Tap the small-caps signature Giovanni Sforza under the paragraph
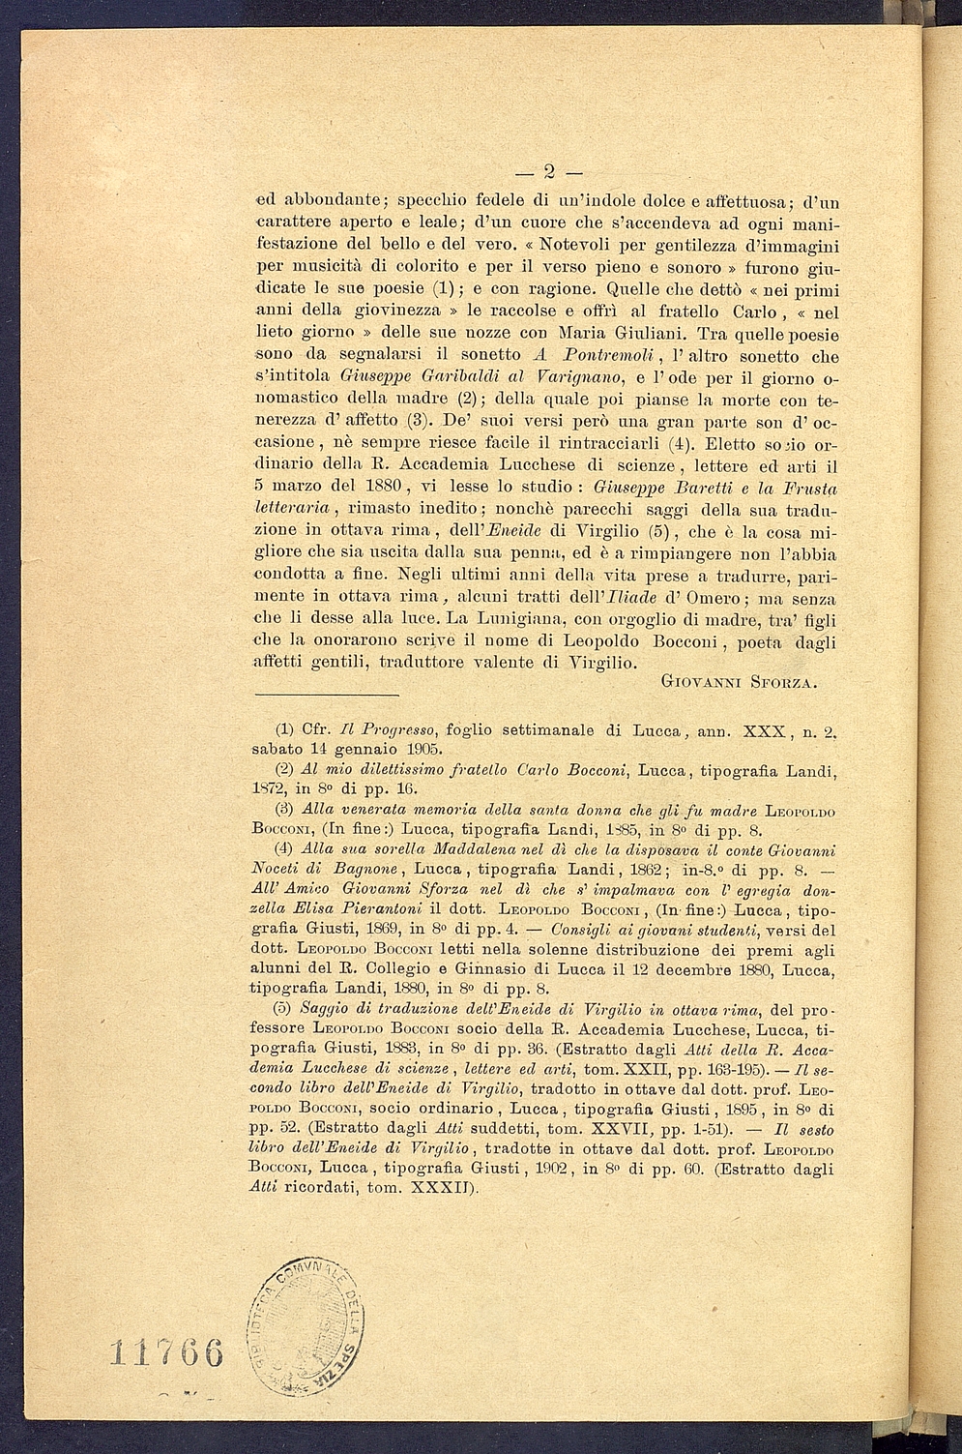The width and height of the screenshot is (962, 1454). pos(741,683)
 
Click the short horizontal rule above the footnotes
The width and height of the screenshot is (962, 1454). pos(326,695)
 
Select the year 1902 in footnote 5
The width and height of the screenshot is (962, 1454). pos(551,1170)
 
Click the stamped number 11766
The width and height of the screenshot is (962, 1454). pos(166,1350)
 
